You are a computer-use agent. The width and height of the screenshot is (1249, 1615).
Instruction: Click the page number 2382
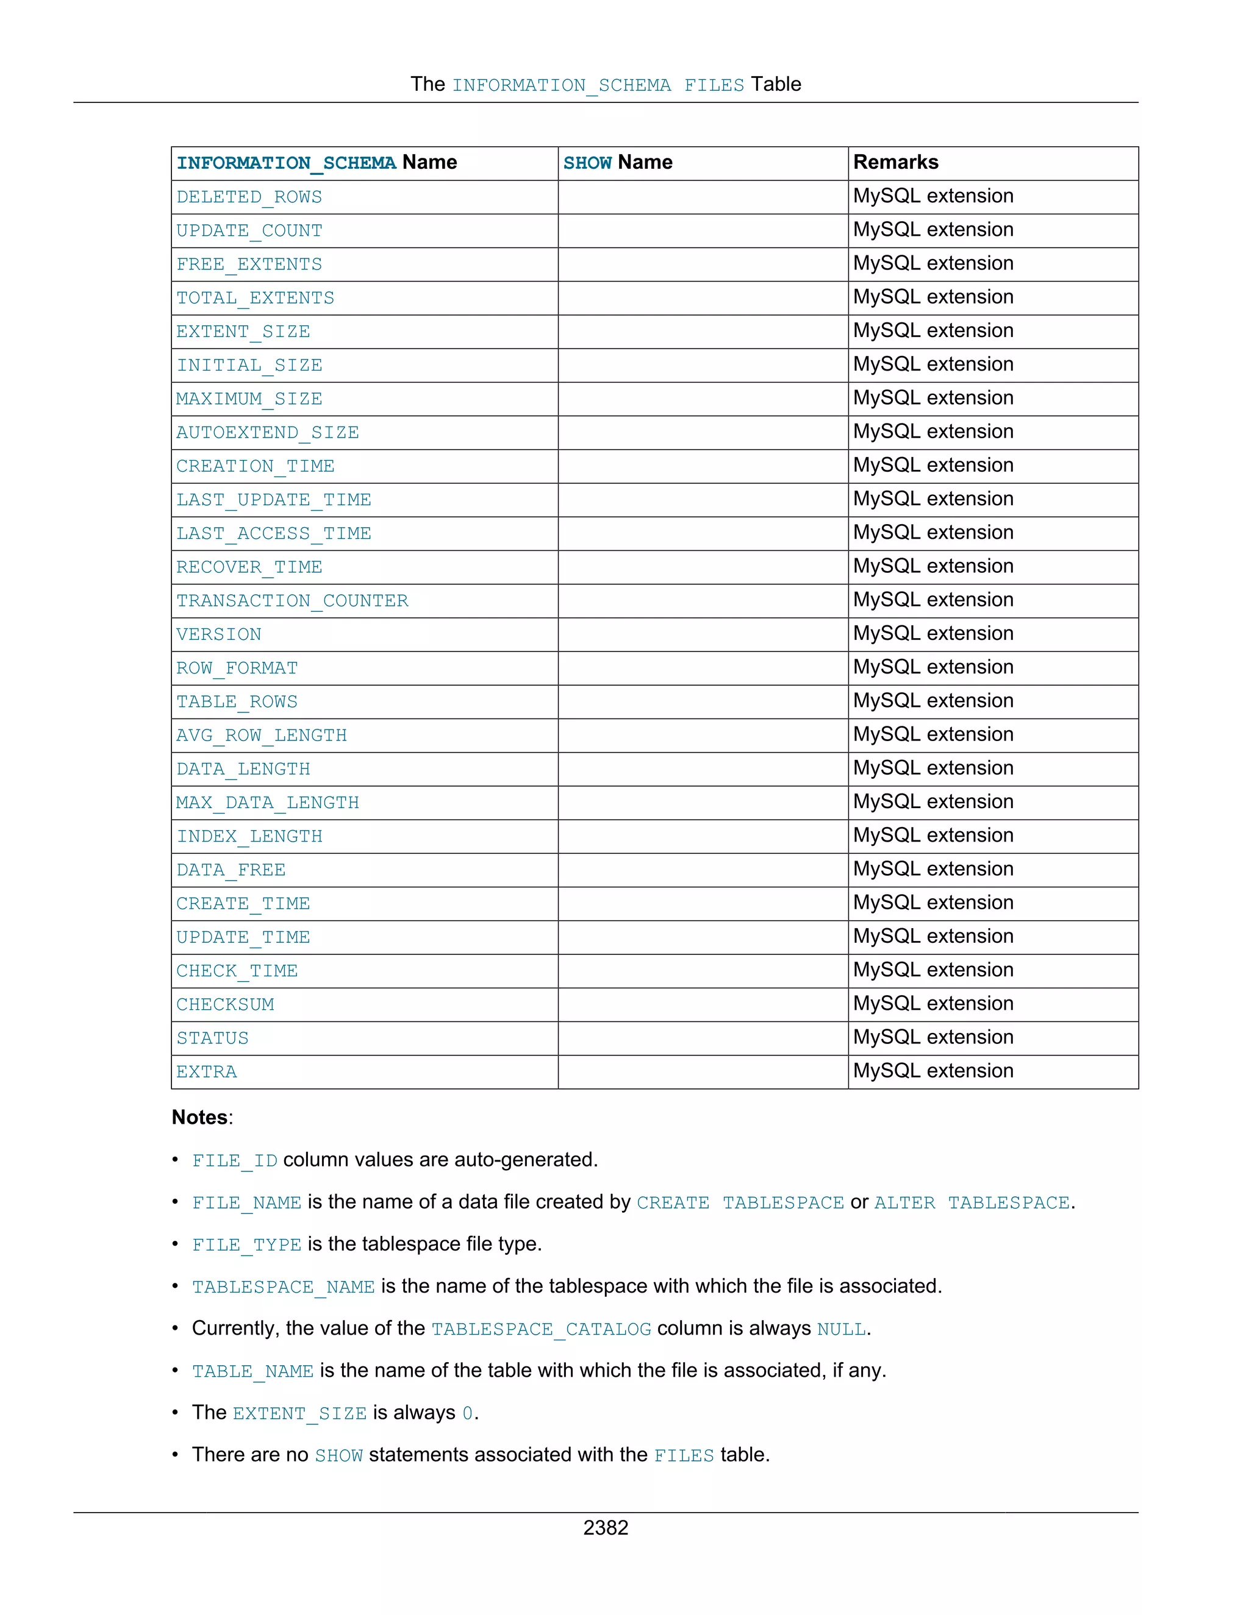point(605,1528)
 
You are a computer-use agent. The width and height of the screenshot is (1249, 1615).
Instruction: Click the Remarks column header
point(895,162)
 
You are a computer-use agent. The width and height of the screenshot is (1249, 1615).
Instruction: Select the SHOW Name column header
point(618,163)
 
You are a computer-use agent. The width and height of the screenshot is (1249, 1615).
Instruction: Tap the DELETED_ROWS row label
point(249,197)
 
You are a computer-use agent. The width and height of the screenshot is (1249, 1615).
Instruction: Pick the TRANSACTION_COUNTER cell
point(292,600)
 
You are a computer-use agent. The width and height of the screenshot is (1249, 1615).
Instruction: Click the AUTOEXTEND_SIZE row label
point(267,433)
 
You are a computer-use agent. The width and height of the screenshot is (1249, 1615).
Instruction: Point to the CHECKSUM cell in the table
point(225,1004)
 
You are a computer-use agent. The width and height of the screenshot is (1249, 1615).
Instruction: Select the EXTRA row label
point(207,1071)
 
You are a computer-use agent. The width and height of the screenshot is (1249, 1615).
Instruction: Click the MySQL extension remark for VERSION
point(933,634)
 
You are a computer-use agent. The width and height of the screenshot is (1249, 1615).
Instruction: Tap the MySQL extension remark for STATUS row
point(933,1037)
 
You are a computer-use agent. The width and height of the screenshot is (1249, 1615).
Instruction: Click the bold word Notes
point(200,1117)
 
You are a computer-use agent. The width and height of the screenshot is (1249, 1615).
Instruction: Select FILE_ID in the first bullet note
point(235,1160)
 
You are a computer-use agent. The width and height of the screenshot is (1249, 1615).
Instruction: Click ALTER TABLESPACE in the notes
point(972,1202)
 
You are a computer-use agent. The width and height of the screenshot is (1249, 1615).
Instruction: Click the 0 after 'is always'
point(468,1413)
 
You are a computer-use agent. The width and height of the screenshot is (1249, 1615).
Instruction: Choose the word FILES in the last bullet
point(684,1455)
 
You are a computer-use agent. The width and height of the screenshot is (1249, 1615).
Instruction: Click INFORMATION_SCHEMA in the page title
point(561,85)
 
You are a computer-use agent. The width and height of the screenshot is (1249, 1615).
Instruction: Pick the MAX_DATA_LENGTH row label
point(267,803)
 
